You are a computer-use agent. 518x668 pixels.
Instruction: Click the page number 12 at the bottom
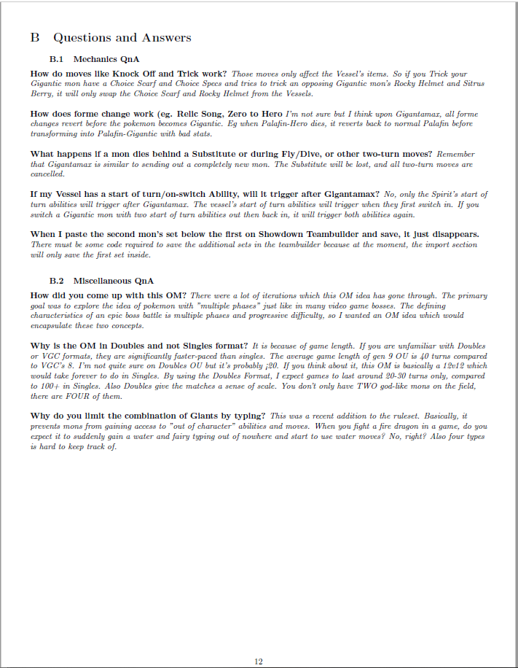(259, 661)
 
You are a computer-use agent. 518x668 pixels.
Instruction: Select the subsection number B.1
(58, 58)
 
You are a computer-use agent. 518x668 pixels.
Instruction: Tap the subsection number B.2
(58, 281)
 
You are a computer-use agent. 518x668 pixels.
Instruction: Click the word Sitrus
(474, 83)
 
